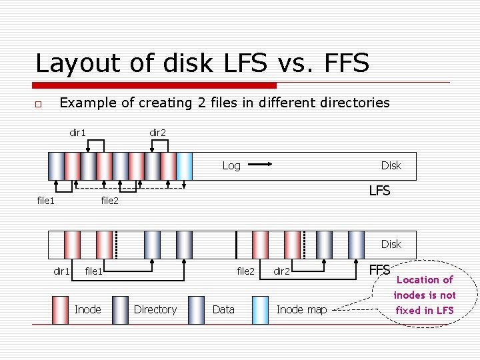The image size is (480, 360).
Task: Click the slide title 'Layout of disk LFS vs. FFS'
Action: pyautogui.click(x=202, y=63)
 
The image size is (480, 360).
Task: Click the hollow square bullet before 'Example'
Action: pyautogui.click(x=39, y=104)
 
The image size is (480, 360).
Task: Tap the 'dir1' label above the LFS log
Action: pyautogui.click(x=78, y=133)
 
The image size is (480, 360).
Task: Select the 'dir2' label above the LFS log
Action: pyautogui.click(x=158, y=133)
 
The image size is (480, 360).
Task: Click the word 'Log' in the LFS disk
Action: pyautogui.click(x=231, y=165)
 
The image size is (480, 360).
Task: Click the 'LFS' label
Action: pyautogui.click(x=379, y=191)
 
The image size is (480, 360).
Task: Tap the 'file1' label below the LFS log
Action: pyautogui.click(x=45, y=200)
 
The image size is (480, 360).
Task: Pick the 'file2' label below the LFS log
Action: pyautogui.click(x=109, y=200)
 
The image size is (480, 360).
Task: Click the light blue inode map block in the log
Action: pyautogui.click(x=185, y=166)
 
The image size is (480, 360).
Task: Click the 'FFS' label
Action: pyautogui.click(x=379, y=269)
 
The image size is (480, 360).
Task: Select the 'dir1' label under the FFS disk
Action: pyautogui.click(x=61, y=271)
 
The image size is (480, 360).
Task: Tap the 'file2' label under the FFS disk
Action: pyautogui.click(x=246, y=271)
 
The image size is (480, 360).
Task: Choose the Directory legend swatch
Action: pyautogui.click(x=121, y=309)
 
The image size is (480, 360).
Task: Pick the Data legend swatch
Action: pyautogui.click(x=197, y=309)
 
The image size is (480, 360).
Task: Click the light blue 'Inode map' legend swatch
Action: pyautogui.click(x=261, y=309)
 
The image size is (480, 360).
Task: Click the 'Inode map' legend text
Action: pyautogui.click(x=301, y=309)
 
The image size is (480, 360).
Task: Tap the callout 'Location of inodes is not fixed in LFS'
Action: pyautogui.click(x=424, y=295)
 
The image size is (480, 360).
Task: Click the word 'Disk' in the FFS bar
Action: pyautogui.click(x=391, y=244)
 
